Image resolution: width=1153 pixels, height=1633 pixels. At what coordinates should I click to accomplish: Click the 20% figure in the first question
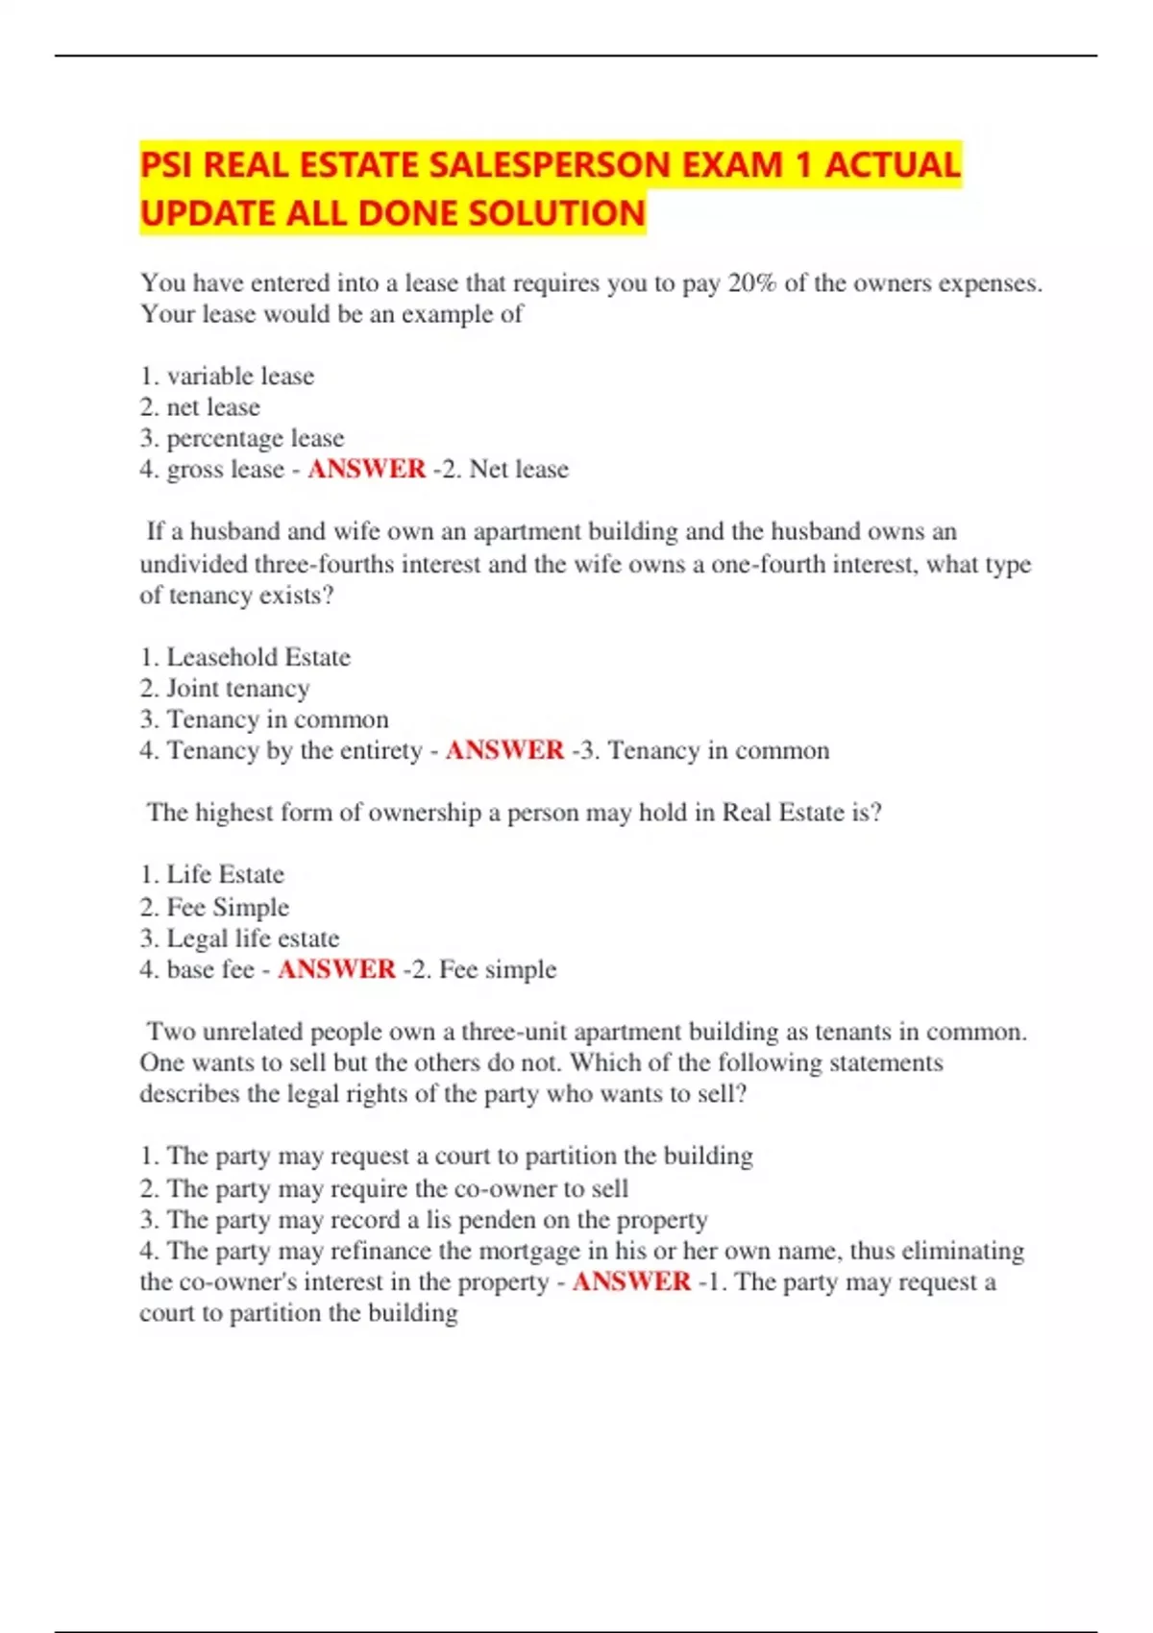[751, 283]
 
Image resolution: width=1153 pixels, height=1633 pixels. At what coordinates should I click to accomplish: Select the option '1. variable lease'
[228, 376]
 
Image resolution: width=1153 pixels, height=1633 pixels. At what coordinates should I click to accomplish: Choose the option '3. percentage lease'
[242, 438]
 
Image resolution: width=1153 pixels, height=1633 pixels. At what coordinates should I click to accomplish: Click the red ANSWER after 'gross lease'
[366, 469]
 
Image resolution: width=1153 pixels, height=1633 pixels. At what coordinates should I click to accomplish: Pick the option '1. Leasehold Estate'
[245, 657]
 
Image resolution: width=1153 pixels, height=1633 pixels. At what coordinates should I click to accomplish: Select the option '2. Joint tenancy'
[225, 688]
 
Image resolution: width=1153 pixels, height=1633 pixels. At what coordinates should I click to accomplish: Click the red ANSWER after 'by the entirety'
[504, 750]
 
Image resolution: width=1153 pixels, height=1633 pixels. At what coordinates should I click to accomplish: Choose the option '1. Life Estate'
[212, 874]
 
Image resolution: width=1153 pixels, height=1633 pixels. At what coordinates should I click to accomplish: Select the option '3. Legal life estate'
[239, 938]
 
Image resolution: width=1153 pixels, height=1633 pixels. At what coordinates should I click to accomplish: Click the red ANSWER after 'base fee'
[336, 968]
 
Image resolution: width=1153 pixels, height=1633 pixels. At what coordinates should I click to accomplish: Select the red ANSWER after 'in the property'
[631, 1281]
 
